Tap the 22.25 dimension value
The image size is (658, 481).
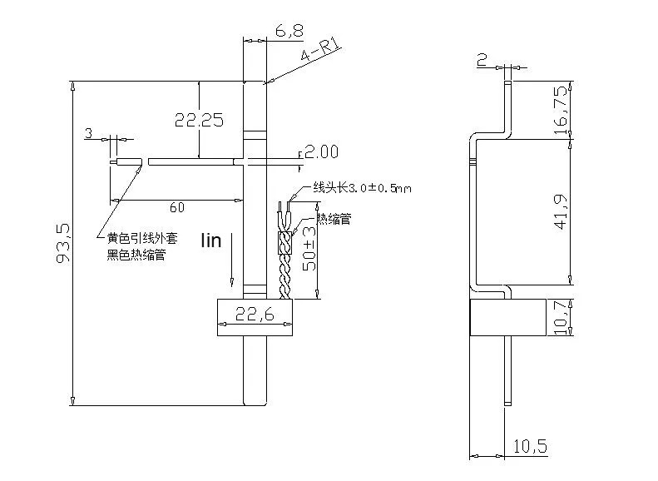point(199,120)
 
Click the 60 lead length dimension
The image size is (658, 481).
point(176,206)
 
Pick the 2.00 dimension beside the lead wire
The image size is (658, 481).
point(322,151)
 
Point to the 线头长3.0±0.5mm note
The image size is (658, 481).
point(362,188)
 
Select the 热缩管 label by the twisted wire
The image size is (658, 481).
point(334,220)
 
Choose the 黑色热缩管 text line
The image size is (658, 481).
point(136,255)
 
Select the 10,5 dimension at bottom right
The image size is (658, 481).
point(530,446)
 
